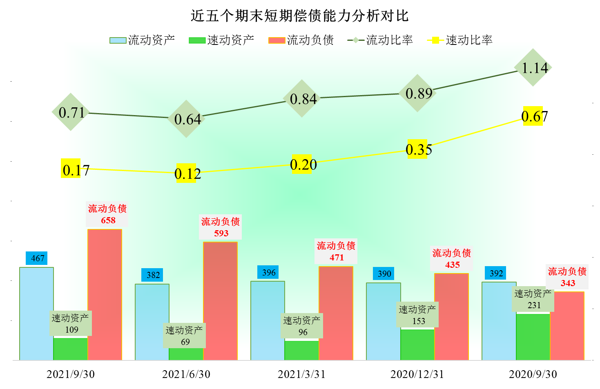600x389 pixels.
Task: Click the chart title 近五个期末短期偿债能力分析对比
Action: click(300, 16)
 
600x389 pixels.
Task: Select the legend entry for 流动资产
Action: click(142, 40)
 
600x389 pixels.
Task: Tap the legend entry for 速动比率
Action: click(460, 40)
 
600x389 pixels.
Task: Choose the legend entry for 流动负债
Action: click(301, 40)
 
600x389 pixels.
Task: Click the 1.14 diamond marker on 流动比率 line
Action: click(533, 67)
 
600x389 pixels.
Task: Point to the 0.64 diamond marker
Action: click(186, 119)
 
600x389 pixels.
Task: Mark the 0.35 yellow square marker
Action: click(417, 149)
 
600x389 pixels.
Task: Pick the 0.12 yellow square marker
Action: click(186, 173)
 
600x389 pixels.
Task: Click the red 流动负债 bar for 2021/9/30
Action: click(105, 294)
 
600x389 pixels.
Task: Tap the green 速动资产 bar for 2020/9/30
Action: click(533, 337)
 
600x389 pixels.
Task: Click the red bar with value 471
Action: click(336, 313)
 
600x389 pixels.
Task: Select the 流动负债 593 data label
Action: click(221, 227)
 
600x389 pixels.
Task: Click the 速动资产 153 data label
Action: click(417, 315)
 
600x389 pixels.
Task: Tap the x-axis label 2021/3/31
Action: click(301, 374)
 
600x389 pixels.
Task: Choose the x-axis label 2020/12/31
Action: click(417, 374)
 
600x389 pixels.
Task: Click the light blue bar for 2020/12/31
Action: click(383, 321)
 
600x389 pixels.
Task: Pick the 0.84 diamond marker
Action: click(302, 98)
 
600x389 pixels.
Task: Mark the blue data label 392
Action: click(495, 273)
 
